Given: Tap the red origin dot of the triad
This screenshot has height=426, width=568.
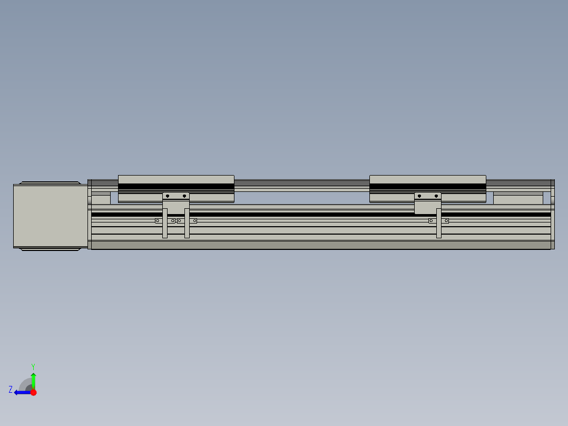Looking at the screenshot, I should (33, 392).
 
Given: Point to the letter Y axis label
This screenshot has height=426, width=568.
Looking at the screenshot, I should (33, 366).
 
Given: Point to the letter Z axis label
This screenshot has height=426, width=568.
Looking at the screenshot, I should (11, 390).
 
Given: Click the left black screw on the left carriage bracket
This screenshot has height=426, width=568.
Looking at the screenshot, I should (167, 196).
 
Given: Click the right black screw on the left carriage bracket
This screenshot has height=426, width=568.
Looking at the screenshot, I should (184, 196).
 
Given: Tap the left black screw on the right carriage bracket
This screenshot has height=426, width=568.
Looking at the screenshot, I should (419, 196).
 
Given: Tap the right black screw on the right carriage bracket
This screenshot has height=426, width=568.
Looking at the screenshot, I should (436, 196).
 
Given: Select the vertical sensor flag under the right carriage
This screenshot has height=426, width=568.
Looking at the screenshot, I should (439, 224).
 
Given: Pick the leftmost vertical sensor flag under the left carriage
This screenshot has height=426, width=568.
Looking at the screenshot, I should (165, 224).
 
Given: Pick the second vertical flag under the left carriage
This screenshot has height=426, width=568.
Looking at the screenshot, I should (187, 224).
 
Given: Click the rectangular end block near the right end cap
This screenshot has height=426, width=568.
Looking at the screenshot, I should (517, 200).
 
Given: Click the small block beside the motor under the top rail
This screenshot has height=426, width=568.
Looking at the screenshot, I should (101, 200).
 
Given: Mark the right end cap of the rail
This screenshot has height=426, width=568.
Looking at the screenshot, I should (553, 214).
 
